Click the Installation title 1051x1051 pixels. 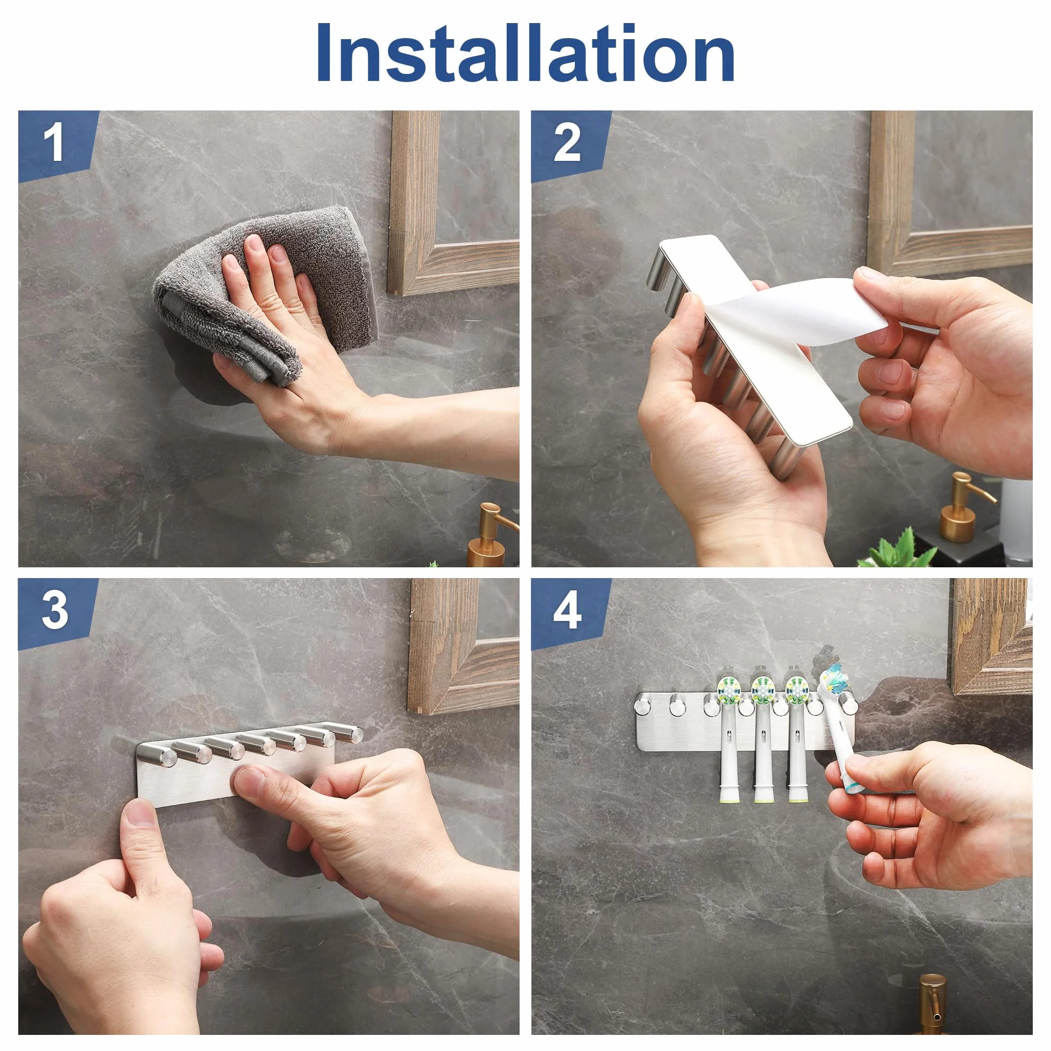[x=525, y=53]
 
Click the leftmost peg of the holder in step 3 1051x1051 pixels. [x=153, y=753]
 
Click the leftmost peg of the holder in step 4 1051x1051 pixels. [x=645, y=704]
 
